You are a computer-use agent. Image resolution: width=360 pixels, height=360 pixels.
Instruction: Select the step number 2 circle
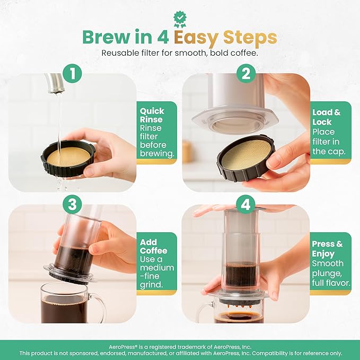[245, 74]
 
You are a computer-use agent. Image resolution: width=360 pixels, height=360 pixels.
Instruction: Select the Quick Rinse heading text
[152, 115]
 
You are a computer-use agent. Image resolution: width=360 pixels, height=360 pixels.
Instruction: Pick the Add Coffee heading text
[153, 246]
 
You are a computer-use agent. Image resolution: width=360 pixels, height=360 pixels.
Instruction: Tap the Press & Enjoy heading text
[327, 249]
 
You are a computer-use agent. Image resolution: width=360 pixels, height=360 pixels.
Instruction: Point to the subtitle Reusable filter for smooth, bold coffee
[180, 53]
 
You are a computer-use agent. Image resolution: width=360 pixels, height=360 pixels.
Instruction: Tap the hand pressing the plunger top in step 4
[212, 210]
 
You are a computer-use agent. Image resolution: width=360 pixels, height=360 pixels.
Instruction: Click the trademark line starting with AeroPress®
[180, 345]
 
